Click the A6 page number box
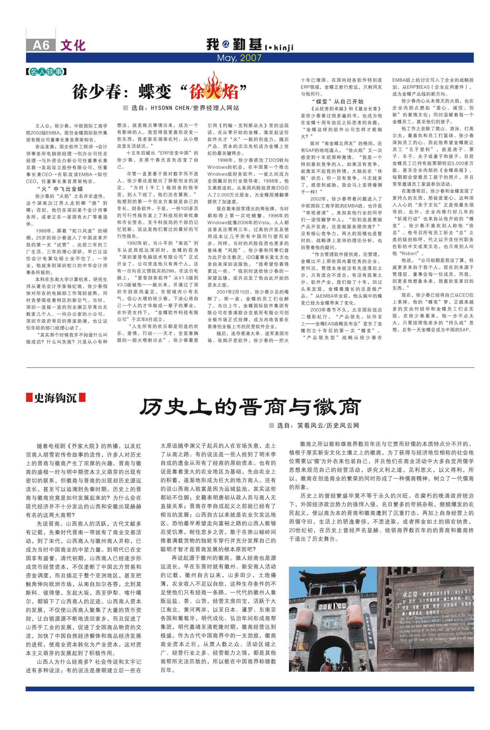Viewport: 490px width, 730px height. pos(41,45)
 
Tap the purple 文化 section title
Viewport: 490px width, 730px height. pos(73,45)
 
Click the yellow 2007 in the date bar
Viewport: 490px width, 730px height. pos(250,58)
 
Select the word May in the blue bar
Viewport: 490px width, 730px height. pos(226,58)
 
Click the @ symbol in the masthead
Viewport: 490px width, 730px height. pos(226,44)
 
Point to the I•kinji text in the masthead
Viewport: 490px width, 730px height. pos(279,47)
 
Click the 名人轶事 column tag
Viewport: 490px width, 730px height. pos(46,72)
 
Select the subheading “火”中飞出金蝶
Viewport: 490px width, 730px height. pos(60,189)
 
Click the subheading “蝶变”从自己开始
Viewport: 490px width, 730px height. pos(337,101)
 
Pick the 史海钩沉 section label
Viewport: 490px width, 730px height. pos(55,398)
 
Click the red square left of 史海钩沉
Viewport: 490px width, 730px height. pos(29,397)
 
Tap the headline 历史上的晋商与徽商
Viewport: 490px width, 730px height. pos(250,407)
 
